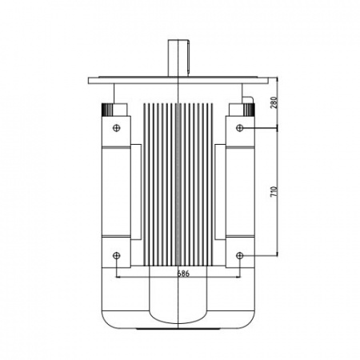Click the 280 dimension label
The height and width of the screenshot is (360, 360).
pos(274,102)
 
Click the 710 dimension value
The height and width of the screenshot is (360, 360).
pos(274,192)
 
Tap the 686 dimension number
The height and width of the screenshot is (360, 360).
pos(183,274)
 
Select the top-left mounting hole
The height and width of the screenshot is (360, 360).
pos(117,128)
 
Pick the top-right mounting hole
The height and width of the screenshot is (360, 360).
pos(240,128)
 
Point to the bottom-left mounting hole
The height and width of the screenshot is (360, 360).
pos(117,256)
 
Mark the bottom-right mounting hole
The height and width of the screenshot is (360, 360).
pos(240,256)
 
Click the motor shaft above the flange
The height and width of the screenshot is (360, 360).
pos(178,58)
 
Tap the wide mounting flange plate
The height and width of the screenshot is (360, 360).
pos(178,81)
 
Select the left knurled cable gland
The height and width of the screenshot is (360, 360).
pos(107,110)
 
